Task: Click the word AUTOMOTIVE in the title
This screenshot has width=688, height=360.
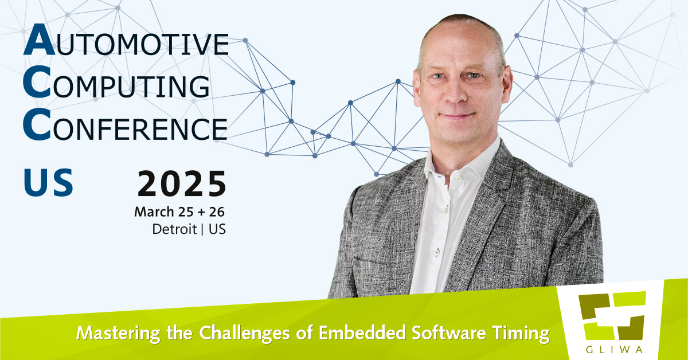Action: tap(126, 40)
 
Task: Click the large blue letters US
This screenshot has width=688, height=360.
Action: tap(48, 182)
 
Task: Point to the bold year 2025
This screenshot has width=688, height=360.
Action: tap(182, 183)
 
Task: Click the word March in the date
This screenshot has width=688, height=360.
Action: tap(154, 212)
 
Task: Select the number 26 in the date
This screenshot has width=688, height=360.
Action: tap(217, 212)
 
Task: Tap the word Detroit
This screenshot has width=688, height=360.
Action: tap(174, 229)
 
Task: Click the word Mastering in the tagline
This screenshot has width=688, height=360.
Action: tap(118, 333)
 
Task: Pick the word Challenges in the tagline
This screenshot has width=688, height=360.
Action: tap(244, 333)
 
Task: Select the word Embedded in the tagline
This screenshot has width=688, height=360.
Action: tap(362, 332)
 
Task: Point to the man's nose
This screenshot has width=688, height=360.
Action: tap(456, 92)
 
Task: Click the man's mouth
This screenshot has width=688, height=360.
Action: tap(458, 116)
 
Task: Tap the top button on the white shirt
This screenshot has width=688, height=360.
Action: tap(458, 178)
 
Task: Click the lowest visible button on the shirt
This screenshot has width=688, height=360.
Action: tap(437, 252)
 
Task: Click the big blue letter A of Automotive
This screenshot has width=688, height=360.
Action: tap(39, 40)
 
